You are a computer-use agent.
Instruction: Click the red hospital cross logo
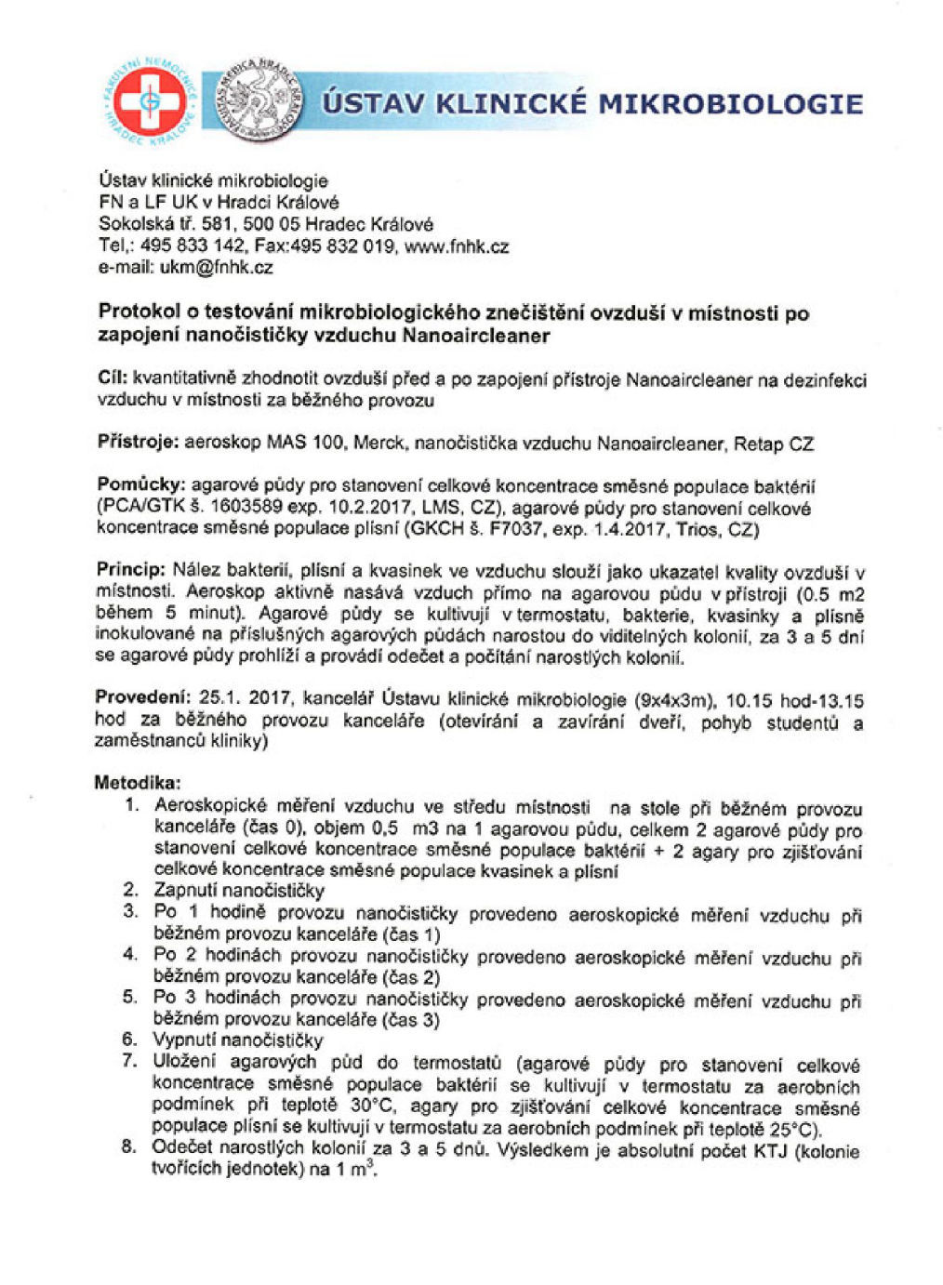pyautogui.click(x=149, y=103)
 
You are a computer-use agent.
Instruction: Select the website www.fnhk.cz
pyautogui.click(x=457, y=247)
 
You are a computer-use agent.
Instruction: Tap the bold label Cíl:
pyautogui.click(x=113, y=378)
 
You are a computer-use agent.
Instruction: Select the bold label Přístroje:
pyautogui.click(x=138, y=443)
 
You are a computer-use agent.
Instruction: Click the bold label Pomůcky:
pyautogui.click(x=140, y=485)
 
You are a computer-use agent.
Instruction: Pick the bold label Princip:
pyautogui.click(x=130, y=570)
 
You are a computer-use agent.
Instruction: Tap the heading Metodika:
pyautogui.click(x=137, y=783)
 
